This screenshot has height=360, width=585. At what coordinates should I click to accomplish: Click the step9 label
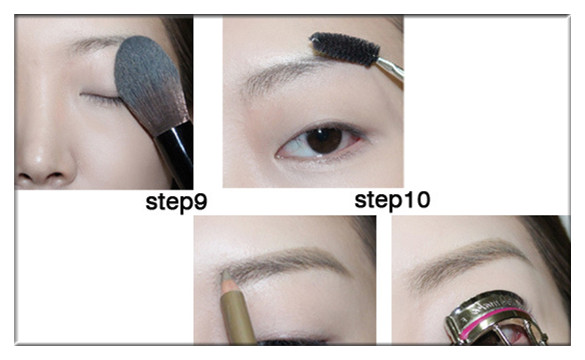176,203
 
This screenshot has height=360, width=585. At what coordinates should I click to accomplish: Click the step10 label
392,200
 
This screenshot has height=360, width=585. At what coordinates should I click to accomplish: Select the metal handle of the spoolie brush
390,69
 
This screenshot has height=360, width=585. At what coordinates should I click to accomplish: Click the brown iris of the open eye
325,140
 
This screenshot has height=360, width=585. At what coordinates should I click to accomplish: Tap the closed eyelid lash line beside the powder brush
101,98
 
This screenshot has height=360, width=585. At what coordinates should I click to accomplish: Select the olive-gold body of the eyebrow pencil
238,313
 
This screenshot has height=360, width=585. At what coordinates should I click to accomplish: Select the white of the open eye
295,146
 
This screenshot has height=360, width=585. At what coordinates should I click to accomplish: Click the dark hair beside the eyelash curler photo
552,254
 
